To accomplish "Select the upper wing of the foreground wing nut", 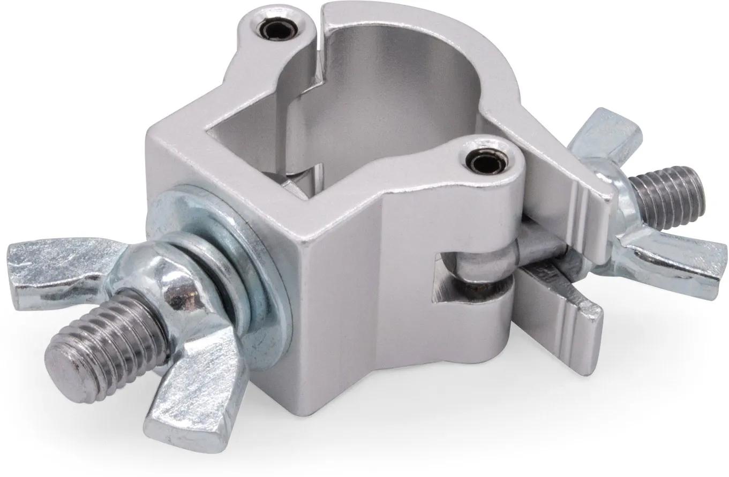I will click(x=59, y=267).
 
